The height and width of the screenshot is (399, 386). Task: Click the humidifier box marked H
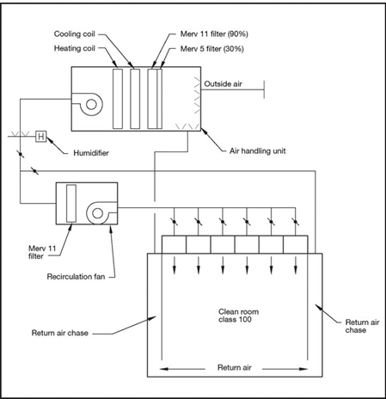(41, 136)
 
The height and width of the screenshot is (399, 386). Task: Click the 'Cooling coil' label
(75, 34)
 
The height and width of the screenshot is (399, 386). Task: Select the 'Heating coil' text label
(75, 48)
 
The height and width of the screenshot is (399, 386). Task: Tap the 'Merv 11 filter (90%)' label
(214, 34)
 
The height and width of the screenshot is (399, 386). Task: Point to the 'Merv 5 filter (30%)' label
(212, 49)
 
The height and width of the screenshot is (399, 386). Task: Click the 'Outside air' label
(223, 83)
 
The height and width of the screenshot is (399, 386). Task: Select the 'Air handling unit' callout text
(257, 150)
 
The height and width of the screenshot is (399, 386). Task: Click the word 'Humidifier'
(91, 153)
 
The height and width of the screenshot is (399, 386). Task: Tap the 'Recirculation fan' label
(76, 277)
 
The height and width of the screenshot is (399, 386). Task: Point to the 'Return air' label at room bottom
(235, 367)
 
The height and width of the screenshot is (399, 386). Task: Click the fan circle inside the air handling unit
(91, 104)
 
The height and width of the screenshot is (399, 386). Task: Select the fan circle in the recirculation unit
(97, 213)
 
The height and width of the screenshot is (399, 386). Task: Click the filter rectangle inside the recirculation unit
(71, 203)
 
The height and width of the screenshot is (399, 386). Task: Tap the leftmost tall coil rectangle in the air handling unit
(118, 99)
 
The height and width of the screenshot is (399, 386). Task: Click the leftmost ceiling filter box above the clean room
(174, 244)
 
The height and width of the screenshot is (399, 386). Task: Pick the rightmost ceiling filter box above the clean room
(296, 244)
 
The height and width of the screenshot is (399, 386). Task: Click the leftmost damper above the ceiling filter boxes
(174, 222)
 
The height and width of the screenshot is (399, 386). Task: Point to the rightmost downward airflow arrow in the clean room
(296, 264)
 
